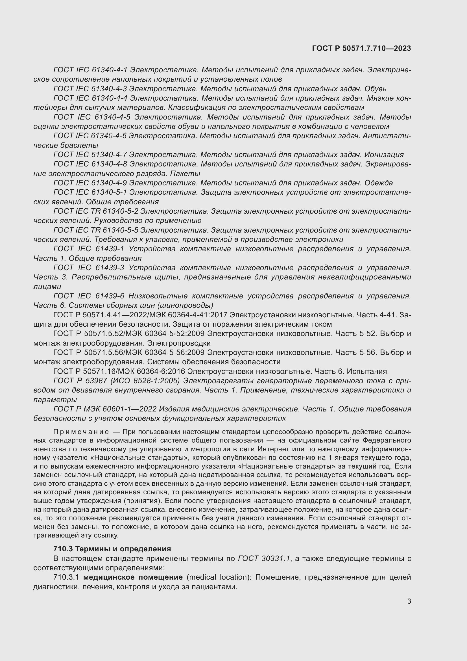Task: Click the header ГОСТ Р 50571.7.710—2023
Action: click(x=361, y=48)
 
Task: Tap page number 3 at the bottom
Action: click(x=409, y=601)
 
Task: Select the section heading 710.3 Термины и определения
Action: click(x=112, y=549)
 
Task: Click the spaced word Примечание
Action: click(x=81, y=432)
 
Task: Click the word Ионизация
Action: click(x=384, y=155)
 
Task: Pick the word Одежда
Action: click(x=378, y=183)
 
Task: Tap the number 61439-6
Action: click(x=110, y=296)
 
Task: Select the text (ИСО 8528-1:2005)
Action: click(x=145, y=381)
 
